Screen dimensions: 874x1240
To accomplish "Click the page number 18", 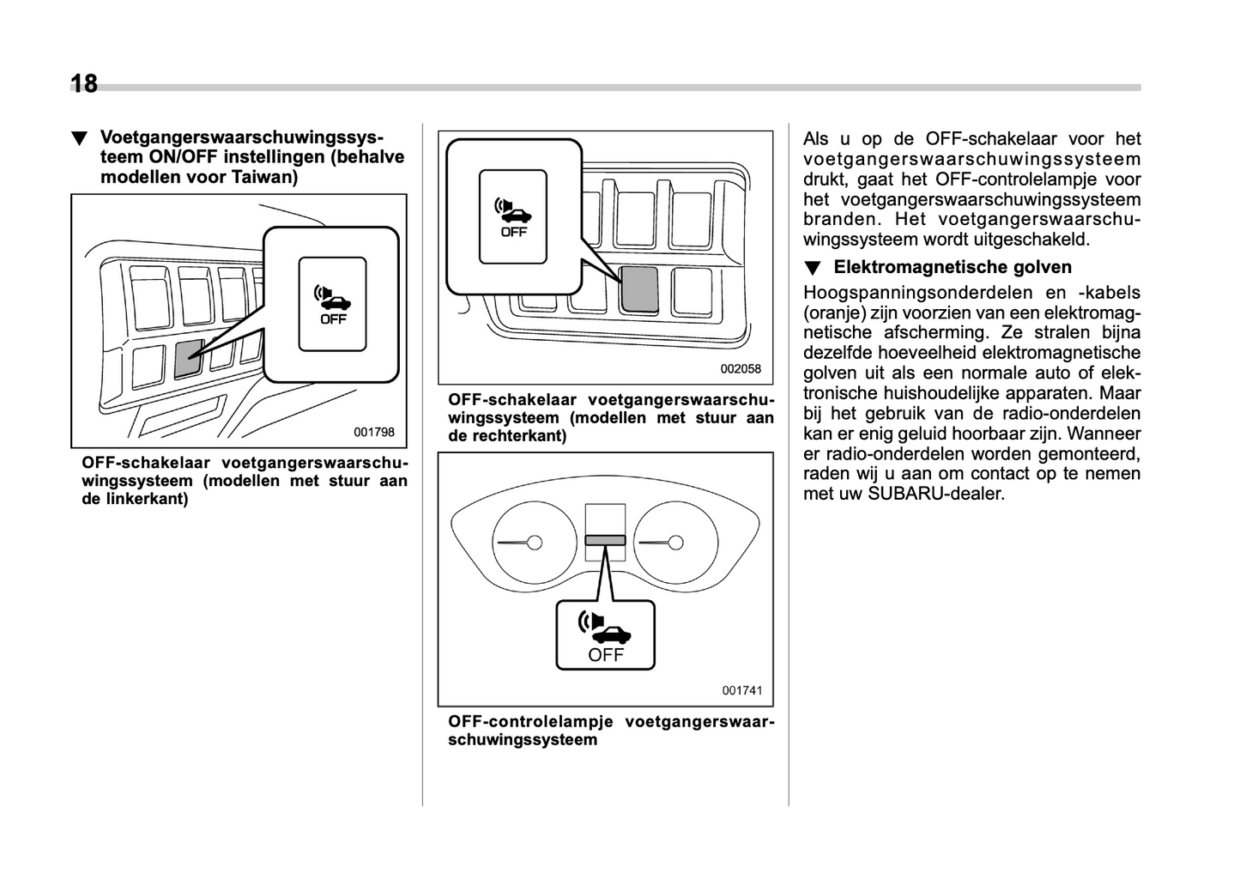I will [84, 84].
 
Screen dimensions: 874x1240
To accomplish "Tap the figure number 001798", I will [374, 433].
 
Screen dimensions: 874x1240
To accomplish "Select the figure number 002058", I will [741, 369].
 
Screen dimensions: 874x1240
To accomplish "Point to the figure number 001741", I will [741, 690].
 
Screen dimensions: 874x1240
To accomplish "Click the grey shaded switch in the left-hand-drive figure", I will [188, 358].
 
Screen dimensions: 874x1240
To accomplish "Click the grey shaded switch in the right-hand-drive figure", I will [639, 288].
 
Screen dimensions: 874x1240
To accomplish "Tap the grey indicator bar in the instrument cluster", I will [605, 540].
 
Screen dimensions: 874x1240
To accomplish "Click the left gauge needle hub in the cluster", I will [535, 543].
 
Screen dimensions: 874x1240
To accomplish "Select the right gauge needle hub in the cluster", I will [676, 543].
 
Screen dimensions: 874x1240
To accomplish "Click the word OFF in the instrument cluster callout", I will [606, 655].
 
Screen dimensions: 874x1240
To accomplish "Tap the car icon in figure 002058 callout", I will [516, 213].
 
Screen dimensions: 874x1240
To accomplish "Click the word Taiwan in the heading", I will [265, 178].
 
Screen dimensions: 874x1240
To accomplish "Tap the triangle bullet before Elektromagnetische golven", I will [812, 269].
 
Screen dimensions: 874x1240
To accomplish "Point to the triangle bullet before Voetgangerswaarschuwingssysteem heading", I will [80, 138].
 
